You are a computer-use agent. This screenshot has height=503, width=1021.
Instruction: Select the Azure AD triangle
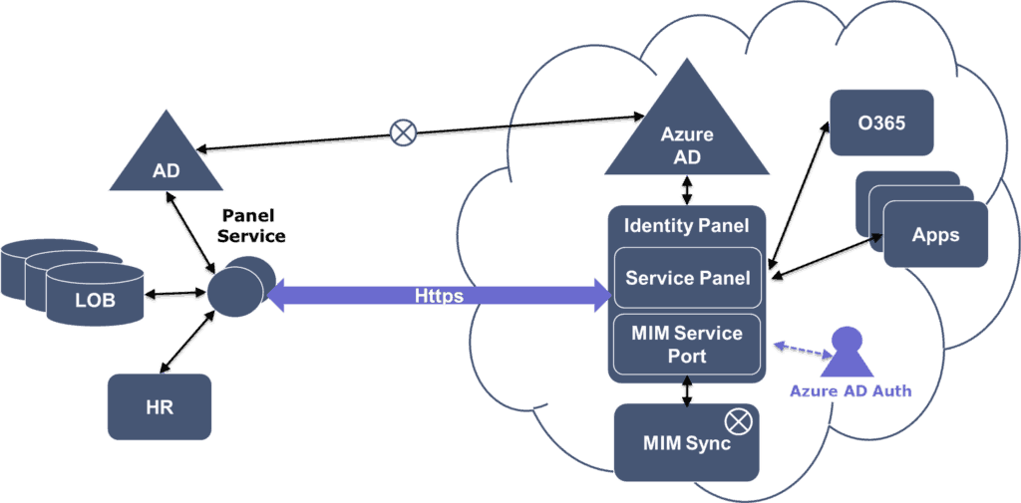(x=687, y=134)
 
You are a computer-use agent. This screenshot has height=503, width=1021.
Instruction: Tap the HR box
(x=160, y=407)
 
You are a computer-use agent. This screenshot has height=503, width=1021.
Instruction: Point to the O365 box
(x=881, y=122)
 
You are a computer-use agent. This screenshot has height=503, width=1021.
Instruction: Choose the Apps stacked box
(x=934, y=235)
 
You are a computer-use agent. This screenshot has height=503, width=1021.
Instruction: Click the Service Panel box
(x=687, y=278)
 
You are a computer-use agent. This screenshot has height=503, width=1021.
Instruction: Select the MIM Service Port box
(x=687, y=344)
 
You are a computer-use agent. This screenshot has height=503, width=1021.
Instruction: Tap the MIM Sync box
(x=687, y=441)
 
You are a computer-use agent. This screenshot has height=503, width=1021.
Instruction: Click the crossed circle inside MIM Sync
(x=739, y=420)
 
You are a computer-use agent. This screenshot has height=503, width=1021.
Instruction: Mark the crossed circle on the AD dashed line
(x=402, y=130)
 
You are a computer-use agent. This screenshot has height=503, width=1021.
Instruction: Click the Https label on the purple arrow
(x=439, y=296)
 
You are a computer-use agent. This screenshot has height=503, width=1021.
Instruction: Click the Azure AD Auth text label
(x=850, y=391)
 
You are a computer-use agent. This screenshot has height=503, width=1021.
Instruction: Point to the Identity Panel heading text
(x=686, y=226)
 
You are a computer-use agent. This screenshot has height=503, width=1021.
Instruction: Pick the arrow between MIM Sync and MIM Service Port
(x=687, y=391)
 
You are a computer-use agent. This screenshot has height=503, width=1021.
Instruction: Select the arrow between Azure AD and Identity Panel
(x=687, y=190)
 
